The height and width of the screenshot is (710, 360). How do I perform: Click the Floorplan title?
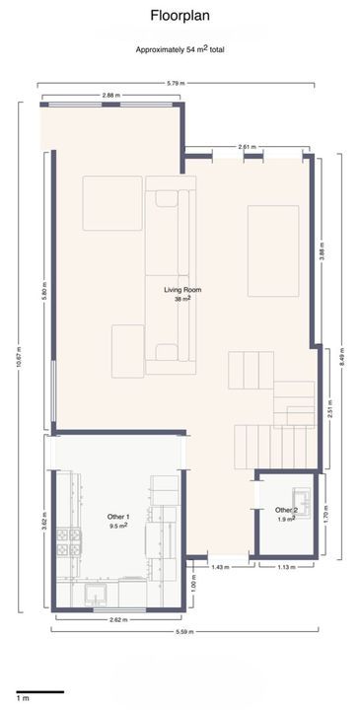[x=180, y=16]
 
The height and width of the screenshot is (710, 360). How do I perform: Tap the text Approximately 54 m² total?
[x=180, y=50]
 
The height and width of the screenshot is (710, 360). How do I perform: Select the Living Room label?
[x=182, y=290]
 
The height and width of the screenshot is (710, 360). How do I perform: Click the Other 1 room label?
[x=118, y=517]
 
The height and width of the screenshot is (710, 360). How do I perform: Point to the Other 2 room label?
[x=286, y=511]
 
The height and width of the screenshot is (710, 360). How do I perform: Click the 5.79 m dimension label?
[x=176, y=83]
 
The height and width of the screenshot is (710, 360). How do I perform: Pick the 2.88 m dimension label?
[x=111, y=96]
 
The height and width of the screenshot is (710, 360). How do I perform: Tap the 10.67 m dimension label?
[x=19, y=358]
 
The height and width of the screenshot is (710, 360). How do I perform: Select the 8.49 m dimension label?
[x=342, y=356]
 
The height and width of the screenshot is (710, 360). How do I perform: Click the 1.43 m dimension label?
[x=221, y=566]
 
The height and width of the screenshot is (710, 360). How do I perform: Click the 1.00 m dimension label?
[x=194, y=584]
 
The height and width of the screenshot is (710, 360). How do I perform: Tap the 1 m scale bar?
[x=40, y=691]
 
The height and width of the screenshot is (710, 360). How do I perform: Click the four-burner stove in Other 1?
[x=69, y=542]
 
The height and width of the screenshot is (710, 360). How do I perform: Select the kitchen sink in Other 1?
[x=97, y=594]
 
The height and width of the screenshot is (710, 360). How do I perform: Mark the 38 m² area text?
[x=182, y=299]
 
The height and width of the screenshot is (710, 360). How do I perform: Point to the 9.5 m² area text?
[x=118, y=526]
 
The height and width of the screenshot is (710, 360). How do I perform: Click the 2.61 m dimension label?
[x=247, y=147]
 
